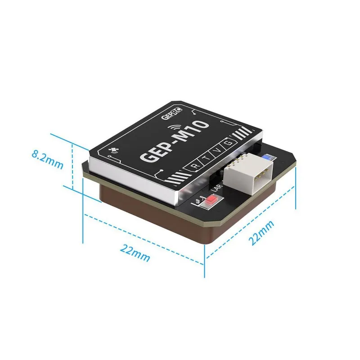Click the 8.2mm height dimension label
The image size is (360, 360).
(x=47, y=159)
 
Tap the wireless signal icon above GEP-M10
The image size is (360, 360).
(x=174, y=128)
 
